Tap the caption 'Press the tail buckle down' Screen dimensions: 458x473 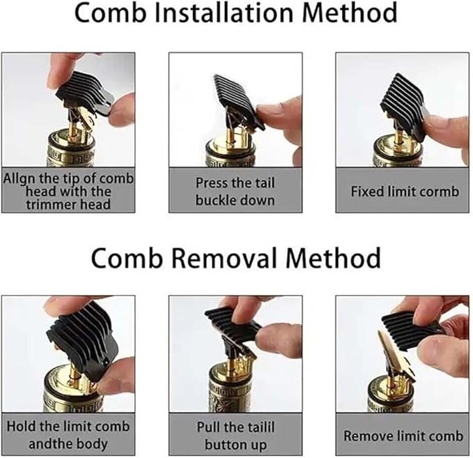point(235,191)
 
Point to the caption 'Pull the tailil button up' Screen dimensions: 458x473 point(235,435)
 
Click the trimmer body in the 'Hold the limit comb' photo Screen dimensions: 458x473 point(66,394)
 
